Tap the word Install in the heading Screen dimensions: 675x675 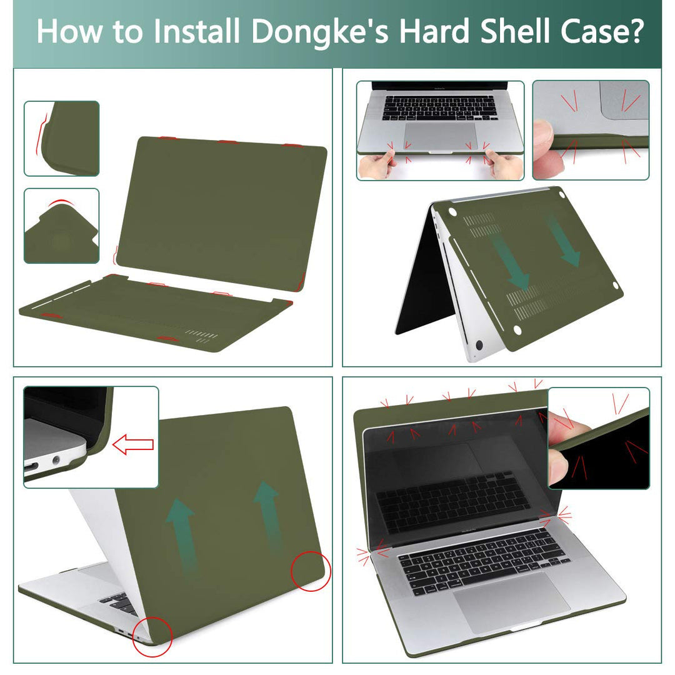click(x=194, y=31)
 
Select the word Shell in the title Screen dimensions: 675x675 click(x=524, y=31)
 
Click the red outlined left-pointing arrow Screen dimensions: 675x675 click(x=132, y=445)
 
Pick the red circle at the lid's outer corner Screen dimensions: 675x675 click(x=311, y=571)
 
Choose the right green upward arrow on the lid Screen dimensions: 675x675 click(x=267, y=512)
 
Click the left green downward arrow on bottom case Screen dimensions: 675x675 click(x=514, y=262)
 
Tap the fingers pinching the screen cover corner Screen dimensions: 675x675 click(x=566, y=447)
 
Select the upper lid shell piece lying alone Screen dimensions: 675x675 click(x=222, y=209)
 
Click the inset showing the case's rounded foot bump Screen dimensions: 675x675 click(x=61, y=226)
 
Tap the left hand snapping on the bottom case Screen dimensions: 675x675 click(x=378, y=164)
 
